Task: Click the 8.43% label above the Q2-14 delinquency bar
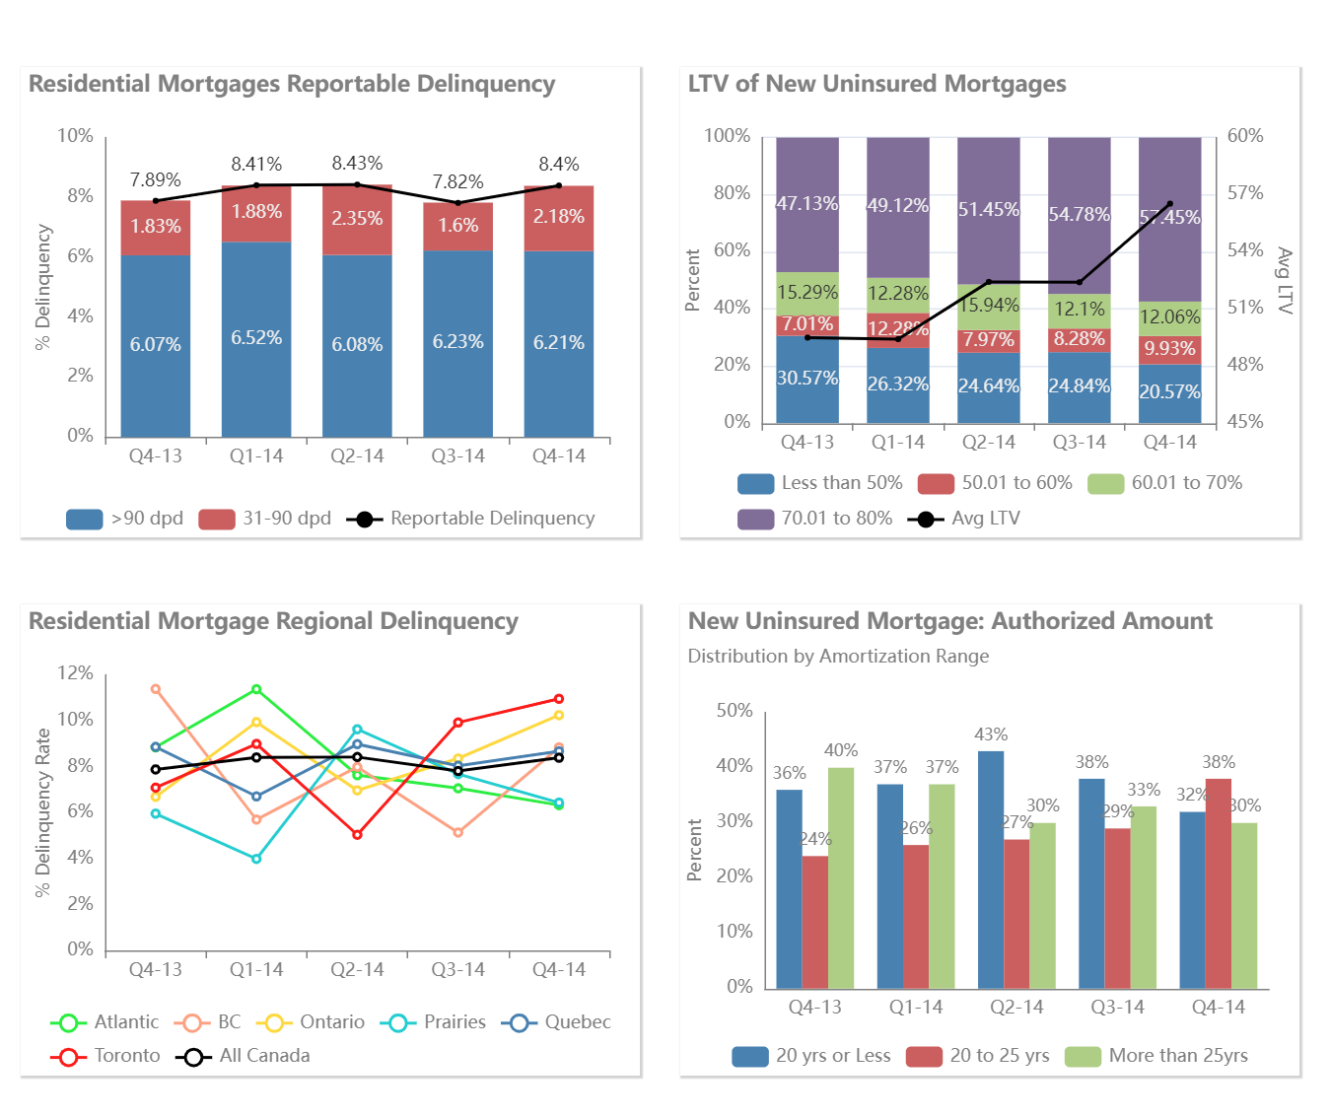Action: (x=357, y=164)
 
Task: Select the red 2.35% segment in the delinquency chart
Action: (x=357, y=219)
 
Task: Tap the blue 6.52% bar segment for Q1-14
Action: (x=256, y=338)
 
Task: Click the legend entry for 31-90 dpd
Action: (x=265, y=519)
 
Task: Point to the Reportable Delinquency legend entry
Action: (x=471, y=519)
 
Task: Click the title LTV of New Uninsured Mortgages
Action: (x=876, y=85)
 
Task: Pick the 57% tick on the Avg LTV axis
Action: (x=1244, y=193)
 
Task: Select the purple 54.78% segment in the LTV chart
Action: (x=1080, y=215)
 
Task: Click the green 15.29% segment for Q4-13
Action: (x=807, y=292)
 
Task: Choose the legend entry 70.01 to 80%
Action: (x=815, y=519)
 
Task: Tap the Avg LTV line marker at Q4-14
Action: (x=1170, y=204)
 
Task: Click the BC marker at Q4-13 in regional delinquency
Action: (x=156, y=689)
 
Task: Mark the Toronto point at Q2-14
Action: (x=357, y=835)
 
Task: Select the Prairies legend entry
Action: (x=437, y=1022)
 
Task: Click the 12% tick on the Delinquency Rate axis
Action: (x=76, y=673)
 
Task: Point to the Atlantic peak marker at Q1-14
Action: (x=256, y=689)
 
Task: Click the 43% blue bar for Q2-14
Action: (x=991, y=868)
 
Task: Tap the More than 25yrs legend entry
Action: (x=1156, y=1056)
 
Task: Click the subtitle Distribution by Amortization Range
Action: (x=838, y=657)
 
